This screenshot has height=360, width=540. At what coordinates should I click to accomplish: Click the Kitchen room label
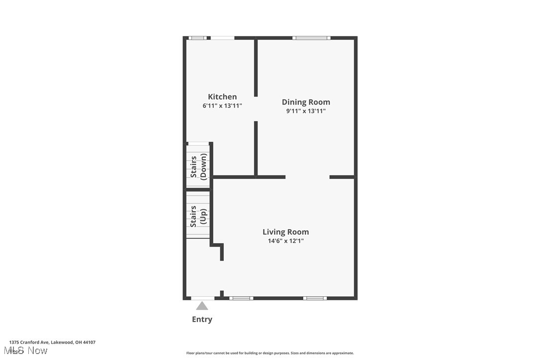pos(222,96)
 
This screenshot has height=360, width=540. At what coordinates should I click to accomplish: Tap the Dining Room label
pos(306,102)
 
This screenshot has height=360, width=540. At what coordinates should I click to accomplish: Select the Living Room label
pos(285,232)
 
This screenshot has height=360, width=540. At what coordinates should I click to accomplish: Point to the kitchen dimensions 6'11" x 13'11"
pos(222,106)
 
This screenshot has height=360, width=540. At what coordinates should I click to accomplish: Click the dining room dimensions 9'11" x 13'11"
pos(306,111)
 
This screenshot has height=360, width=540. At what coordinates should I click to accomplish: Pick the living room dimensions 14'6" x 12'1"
pos(285,241)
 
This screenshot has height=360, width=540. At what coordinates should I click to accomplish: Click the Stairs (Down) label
pos(198,167)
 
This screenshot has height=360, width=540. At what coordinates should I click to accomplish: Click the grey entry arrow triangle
pos(202,306)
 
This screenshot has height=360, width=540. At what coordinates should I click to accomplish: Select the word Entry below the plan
pos(202,319)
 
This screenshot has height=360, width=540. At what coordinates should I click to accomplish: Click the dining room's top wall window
pos(311,38)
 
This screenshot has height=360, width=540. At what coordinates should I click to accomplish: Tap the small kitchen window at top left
pos(199,38)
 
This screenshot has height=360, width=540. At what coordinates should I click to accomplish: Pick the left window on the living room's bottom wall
pos(241,298)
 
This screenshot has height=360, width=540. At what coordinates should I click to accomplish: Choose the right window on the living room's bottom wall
pos(315,298)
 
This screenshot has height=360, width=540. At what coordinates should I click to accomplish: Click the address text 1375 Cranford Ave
pos(52,342)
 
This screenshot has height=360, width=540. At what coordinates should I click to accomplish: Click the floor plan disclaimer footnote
pos(270,353)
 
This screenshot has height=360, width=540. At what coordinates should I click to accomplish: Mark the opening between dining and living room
pos(307,177)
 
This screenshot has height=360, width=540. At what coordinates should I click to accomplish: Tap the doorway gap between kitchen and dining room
pos(256,108)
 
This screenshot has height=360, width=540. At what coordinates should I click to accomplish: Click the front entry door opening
pos(203,298)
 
